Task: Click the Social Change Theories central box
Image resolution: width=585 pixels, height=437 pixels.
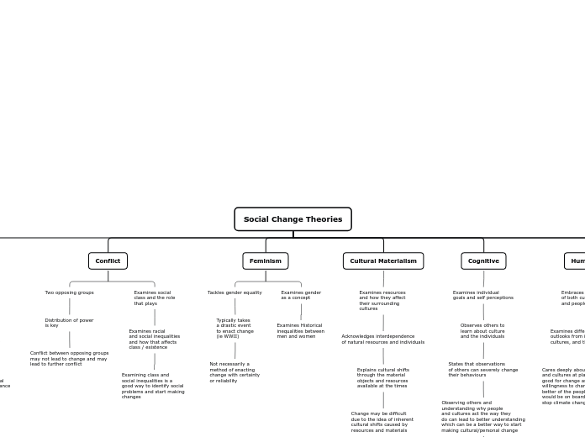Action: click(292, 219)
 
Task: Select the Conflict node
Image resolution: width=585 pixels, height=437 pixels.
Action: click(108, 261)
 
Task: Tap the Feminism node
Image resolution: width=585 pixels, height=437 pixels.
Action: click(266, 261)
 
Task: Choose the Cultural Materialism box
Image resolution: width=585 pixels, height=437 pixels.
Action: click(383, 261)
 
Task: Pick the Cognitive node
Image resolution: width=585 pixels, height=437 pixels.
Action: click(483, 261)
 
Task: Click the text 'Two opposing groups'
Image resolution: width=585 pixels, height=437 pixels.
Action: click(70, 292)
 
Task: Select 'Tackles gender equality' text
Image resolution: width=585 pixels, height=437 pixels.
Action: click(235, 292)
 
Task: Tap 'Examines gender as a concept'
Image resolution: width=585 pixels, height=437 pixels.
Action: click(301, 295)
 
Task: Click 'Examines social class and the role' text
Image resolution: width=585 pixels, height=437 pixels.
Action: click(155, 297)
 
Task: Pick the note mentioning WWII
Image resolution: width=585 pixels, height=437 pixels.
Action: click(235, 328)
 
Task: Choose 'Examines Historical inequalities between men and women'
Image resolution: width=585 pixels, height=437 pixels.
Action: click(300, 330)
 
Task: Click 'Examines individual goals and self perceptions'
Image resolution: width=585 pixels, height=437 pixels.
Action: click(483, 295)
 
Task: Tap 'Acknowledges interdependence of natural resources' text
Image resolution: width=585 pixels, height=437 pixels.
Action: click(382, 339)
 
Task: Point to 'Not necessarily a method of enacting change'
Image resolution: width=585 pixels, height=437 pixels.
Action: click(235, 372)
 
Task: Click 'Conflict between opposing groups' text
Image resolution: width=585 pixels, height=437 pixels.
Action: click(70, 359)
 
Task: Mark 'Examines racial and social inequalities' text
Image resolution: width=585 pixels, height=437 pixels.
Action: click(155, 339)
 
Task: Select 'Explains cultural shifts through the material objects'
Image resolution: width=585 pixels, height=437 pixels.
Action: click(382, 377)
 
